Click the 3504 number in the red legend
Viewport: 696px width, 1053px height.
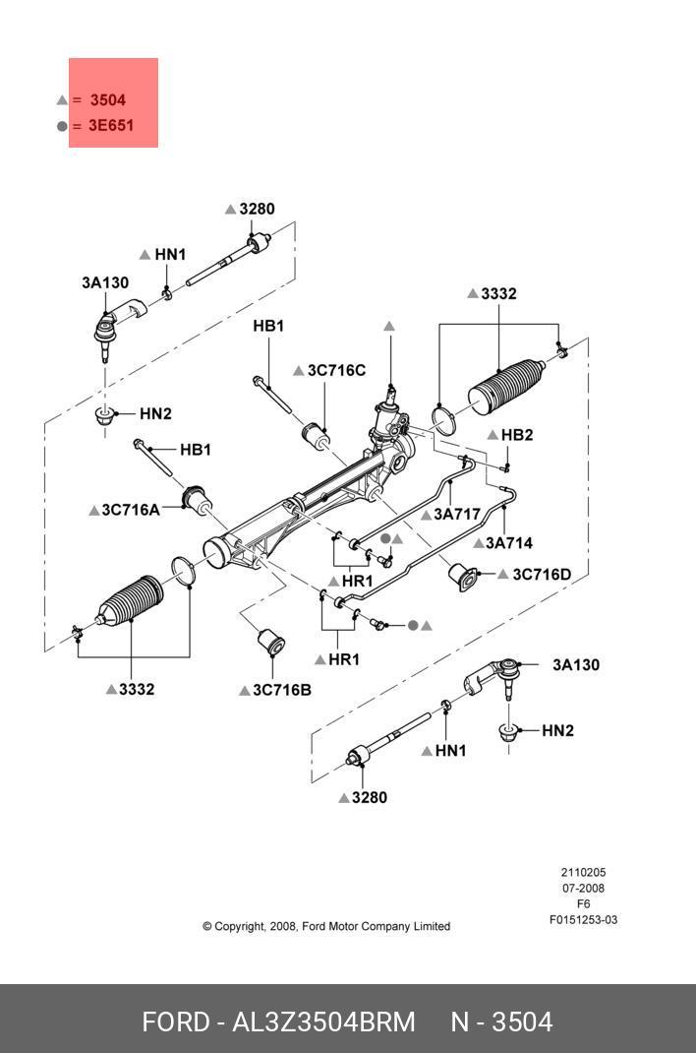107,99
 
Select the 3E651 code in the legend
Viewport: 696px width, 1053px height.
110,126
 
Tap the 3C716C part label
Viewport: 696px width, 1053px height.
336,370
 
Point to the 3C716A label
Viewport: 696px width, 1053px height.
130,510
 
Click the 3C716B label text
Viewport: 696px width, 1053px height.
281,690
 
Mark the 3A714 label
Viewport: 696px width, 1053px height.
508,542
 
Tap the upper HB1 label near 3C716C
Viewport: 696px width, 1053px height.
268,326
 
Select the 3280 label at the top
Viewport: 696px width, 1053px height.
257,209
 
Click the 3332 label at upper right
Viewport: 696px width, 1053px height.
498,293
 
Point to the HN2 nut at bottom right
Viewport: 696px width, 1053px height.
510,732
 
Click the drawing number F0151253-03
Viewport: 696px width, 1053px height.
583,920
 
